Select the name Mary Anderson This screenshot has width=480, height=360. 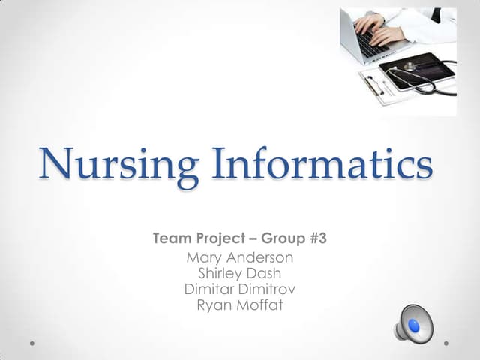pyautogui.click(x=239, y=258)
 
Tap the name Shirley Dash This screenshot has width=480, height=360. pyautogui.click(x=239, y=274)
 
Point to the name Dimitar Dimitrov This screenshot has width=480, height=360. pyautogui.click(x=239, y=289)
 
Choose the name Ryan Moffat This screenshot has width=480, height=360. pyautogui.click(x=239, y=304)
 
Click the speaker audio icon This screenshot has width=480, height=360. pyautogui.click(x=413, y=324)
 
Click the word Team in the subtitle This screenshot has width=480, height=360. pyautogui.click(x=171, y=239)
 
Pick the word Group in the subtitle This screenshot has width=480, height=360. pyautogui.click(x=283, y=239)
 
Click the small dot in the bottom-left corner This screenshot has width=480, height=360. pyautogui.click(x=32, y=343)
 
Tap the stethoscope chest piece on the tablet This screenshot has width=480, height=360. pyautogui.click(x=410, y=67)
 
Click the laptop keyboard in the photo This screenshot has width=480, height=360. pyautogui.click(x=367, y=43)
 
